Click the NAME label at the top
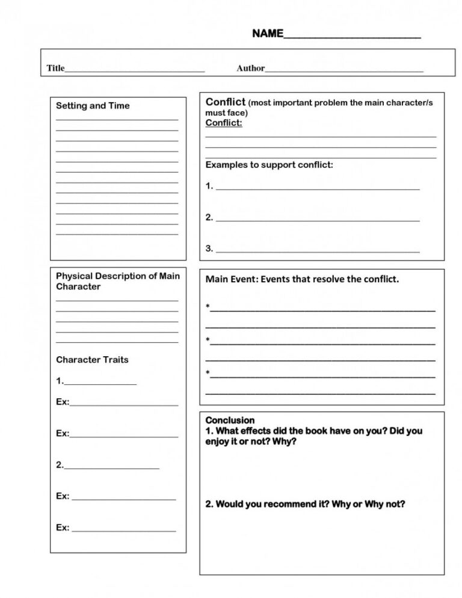pos(267,34)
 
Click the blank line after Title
pos(135,70)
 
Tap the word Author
pos(250,69)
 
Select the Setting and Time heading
pos(93,106)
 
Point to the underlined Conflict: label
pos(224,123)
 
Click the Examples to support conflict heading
pos(269,164)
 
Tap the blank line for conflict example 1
pos(318,188)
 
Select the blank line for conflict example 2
pos(318,220)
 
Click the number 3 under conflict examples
pos(209,248)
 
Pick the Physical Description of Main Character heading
pos(118,281)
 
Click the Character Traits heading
pos(92,360)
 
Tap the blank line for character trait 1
pos(100,383)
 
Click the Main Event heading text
pos(302,279)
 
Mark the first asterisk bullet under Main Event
pos(208,307)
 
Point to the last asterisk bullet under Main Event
pos(208,374)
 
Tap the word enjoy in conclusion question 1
pos(218,442)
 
